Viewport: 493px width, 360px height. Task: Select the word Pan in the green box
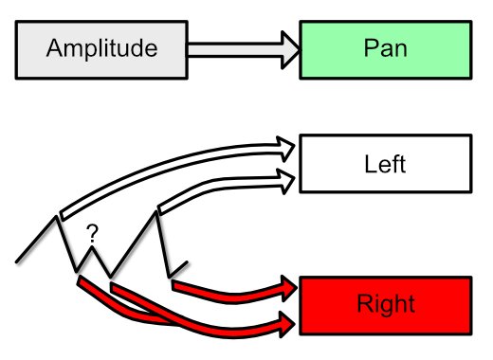[x=385, y=48]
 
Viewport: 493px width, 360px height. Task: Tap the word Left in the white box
[x=385, y=164]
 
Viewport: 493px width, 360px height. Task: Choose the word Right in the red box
[x=385, y=304]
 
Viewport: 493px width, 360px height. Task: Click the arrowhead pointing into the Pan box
[x=286, y=48]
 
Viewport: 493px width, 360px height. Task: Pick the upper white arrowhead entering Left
[x=286, y=146]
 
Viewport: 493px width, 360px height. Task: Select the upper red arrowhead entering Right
[x=287, y=287]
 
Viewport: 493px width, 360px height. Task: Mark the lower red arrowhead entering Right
[x=286, y=324]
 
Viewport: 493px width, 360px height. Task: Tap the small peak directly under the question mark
[x=94, y=249]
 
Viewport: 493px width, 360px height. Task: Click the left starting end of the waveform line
[x=18, y=259]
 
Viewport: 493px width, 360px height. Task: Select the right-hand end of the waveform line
[x=188, y=261]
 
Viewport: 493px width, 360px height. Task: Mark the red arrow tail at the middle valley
[x=113, y=284]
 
